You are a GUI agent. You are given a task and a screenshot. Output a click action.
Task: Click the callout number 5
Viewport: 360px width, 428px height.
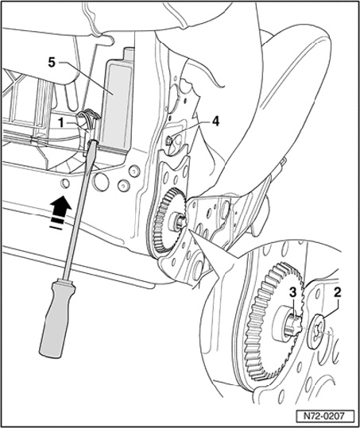(x=52, y=63)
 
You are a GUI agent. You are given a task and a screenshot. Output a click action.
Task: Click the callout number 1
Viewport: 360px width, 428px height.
(x=61, y=123)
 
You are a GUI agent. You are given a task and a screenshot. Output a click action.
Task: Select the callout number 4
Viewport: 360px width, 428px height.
(x=215, y=121)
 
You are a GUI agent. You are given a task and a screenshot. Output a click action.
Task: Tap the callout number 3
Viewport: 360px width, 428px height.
(x=292, y=293)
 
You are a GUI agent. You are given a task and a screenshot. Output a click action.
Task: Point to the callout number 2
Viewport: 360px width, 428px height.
(x=338, y=293)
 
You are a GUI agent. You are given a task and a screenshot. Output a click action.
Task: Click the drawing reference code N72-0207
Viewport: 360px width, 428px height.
(x=325, y=417)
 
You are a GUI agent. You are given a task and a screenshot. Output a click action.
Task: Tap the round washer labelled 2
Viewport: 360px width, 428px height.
(x=316, y=332)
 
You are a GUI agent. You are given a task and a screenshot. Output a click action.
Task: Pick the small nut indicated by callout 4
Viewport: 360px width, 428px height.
(x=168, y=141)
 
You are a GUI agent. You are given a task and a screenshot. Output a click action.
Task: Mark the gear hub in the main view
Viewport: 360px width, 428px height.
(x=177, y=219)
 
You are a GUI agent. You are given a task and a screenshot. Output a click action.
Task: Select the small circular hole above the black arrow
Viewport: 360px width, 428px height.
(x=65, y=183)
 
